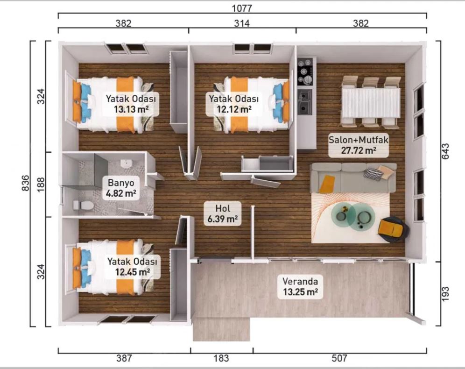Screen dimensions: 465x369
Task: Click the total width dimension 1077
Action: [x=242, y=8]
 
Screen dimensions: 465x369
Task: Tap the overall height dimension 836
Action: [x=26, y=183]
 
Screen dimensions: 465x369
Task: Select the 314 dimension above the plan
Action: [x=242, y=23]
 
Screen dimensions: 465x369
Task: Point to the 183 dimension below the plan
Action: [x=221, y=358]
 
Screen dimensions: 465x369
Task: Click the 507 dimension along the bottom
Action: [x=339, y=358]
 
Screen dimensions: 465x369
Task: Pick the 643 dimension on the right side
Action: [x=445, y=151]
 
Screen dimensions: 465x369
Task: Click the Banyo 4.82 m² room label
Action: [x=121, y=188]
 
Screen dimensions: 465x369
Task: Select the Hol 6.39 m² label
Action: [x=222, y=213]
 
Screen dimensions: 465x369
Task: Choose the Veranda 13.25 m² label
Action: [x=300, y=286]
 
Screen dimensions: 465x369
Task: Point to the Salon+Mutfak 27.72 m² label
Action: [x=358, y=145]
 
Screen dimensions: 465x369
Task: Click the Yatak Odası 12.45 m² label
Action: [x=132, y=266]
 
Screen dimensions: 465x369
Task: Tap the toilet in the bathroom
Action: [x=83, y=205]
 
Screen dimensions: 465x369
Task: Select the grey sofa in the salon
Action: [x=353, y=177]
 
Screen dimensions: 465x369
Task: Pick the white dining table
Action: [x=371, y=103]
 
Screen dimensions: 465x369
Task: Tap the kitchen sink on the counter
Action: [x=305, y=102]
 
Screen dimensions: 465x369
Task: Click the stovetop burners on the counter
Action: [x=305, y=71]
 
